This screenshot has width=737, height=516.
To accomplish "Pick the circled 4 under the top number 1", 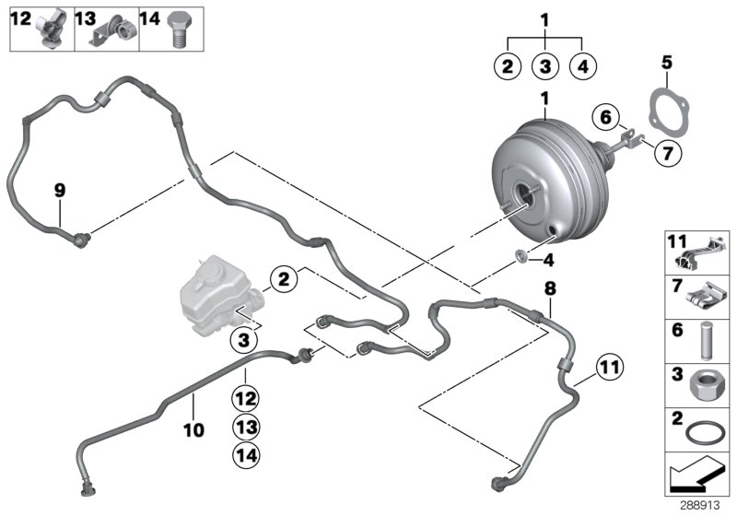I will pos(584,66).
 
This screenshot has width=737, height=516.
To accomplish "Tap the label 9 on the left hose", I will pos(60,191).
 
